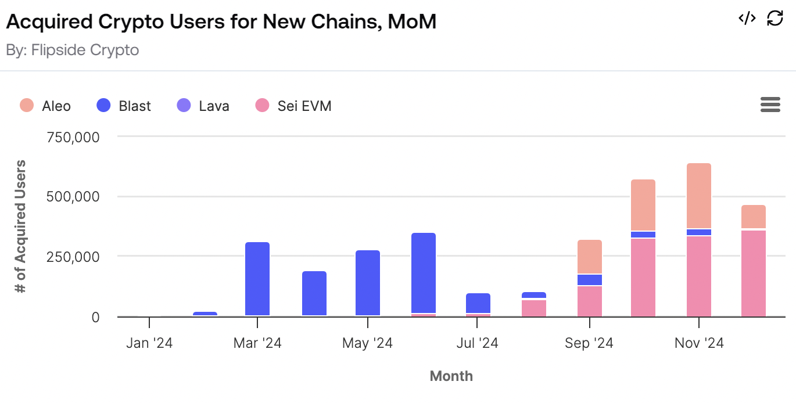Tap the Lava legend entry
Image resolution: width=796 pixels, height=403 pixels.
click(203, 106)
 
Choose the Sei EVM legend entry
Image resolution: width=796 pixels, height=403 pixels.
click(293, 106)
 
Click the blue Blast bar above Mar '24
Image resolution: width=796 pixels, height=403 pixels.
click(257, 279)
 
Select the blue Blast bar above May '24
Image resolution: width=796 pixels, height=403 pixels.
click(368, 283)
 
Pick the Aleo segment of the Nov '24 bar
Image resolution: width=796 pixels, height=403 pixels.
click(699, 196)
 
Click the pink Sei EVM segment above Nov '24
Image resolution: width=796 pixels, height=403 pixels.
click(699, 276)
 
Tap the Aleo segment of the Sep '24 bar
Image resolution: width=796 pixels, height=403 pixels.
click(590, 257)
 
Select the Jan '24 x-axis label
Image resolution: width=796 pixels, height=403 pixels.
click(149, 343)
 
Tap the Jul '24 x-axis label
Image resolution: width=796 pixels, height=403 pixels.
click(477, 343)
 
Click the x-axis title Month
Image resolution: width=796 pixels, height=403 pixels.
click(451, 376)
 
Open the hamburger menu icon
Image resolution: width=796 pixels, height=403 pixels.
click(770, 105)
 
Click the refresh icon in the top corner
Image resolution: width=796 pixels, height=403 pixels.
click(775, 18)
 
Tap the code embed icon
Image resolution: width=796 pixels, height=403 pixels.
click(747, 18)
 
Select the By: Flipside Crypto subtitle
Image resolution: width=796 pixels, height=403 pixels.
click(73, 50)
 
